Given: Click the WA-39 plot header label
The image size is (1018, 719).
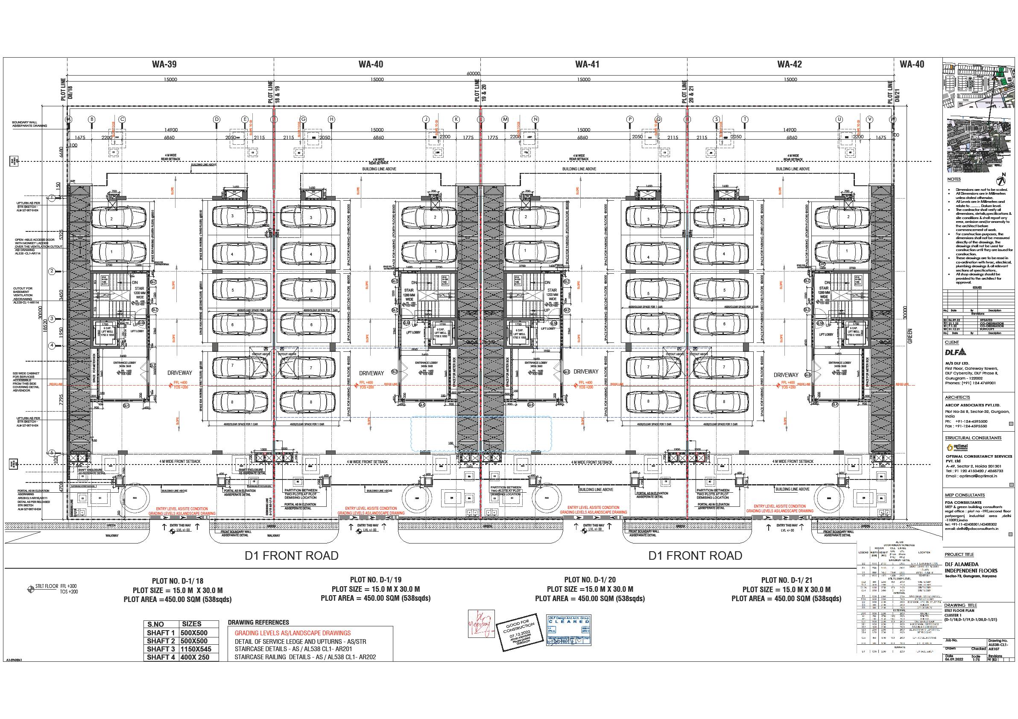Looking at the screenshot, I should pos(164,64).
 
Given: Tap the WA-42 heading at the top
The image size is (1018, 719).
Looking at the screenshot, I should pos(789,64).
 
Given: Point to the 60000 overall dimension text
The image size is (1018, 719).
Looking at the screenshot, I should pos(473,73).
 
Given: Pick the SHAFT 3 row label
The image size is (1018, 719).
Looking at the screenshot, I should pos(161,649).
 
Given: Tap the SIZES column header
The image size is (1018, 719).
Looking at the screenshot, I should pos(192,624).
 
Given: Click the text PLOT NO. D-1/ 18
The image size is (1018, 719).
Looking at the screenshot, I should pos(177,581).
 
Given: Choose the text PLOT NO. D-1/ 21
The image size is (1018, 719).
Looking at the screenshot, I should pos(786,580).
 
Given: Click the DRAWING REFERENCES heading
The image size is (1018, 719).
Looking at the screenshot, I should pos(258,623).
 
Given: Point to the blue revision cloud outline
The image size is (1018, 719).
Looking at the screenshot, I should pos(481,434).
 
